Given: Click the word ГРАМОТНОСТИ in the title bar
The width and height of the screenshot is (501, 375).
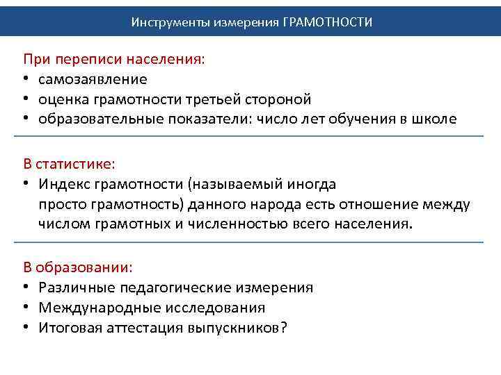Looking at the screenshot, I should point(328,22).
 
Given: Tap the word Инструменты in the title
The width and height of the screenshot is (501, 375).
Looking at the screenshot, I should point(164,22).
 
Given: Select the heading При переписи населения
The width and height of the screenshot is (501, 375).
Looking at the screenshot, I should point(115,59).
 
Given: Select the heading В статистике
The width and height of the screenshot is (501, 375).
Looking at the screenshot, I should point(69,164).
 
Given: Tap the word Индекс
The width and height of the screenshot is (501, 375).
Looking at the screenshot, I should point(62,184).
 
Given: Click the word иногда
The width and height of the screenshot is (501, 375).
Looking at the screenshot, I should point(312,184).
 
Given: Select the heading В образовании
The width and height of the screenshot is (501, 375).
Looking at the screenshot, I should point(78,267).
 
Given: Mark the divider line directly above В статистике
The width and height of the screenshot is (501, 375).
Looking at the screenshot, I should point(250,137).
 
